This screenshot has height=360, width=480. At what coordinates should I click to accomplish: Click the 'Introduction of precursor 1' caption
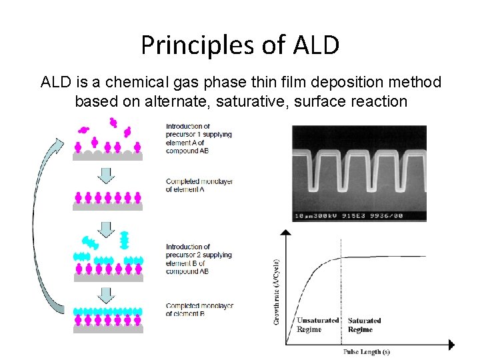coord(198,138)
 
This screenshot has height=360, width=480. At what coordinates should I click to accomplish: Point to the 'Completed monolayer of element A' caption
coord(199,185)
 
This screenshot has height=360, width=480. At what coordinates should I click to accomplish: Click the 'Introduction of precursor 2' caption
coord(198,259)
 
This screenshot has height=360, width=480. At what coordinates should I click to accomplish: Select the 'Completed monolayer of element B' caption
coord(199,309)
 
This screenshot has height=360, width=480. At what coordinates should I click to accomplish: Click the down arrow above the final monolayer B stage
coord(107,294)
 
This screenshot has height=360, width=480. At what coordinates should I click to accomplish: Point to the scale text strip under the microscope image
coord(349,216)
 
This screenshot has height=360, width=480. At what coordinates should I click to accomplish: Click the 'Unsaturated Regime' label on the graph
coord(317,325)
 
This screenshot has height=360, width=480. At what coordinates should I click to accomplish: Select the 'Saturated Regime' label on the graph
coord(364,325)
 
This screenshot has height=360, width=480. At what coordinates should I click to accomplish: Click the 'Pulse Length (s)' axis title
coord(367,351)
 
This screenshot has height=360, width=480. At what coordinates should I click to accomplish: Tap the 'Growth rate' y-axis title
coord(276,291)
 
